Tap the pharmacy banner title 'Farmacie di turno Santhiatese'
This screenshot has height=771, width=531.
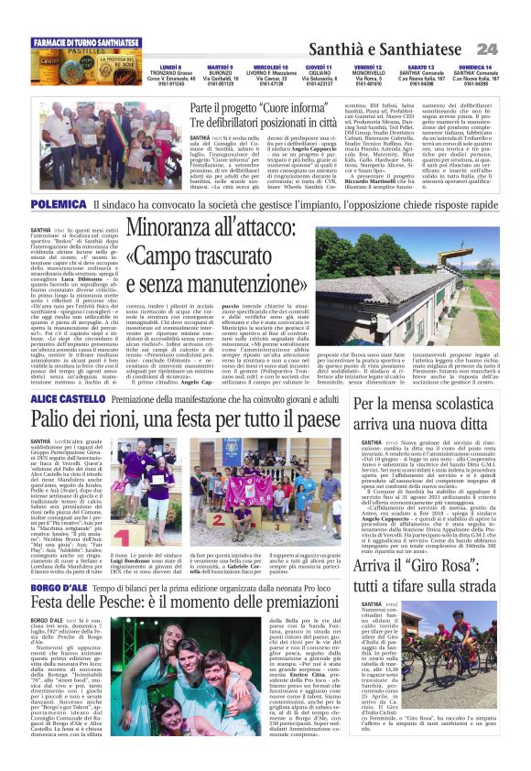tap(87, 43)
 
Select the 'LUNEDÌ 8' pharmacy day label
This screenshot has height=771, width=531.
tap(170, 68)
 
